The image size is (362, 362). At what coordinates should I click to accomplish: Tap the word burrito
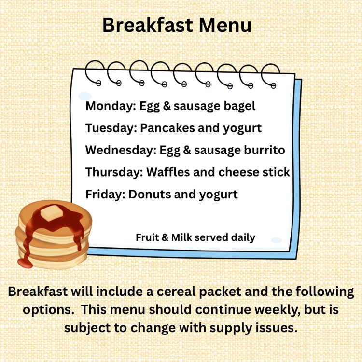265,150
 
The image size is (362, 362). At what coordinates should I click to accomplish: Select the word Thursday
114,172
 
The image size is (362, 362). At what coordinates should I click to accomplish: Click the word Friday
105,195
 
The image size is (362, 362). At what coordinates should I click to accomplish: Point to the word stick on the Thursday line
276,172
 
